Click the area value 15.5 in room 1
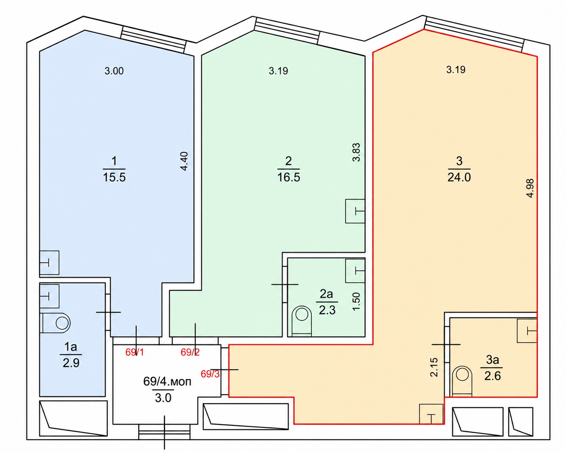click(x=114, y=177)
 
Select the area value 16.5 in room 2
click(x=288, y=177)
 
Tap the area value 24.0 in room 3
click(x=459, y=177)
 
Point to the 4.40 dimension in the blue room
click(x=185, y=161)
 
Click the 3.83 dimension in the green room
click(x=356, y=152)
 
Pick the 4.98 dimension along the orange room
click(x=530, y=188)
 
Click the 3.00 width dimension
click(x=114, y=71)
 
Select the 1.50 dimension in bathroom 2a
click(x=356, y=302)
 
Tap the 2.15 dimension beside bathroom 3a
click(x=434, y=367)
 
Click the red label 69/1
click(x=135, y=352)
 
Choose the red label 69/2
click(x=190, y=352)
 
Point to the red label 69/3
click(x=210, y=374)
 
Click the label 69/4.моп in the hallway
click(x=167, y=381)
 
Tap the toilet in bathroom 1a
click(x=56, y=323)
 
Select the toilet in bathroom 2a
click(x=302, y=321)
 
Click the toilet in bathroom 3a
click(x=462, y=381)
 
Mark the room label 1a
click(x=71, y=347)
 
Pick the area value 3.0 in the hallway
click(x=163, y=398)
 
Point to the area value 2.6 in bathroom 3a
click(x=493, y=376)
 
